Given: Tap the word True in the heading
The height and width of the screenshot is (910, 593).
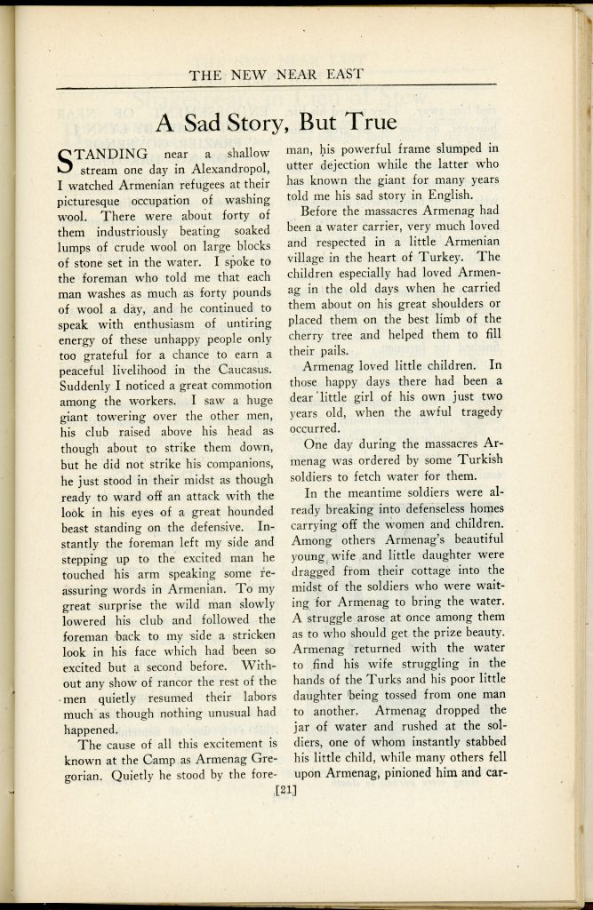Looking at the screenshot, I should point(367,123).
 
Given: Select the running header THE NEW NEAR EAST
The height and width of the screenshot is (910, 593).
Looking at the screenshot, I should point(276,75).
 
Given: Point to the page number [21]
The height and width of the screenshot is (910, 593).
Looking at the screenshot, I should point(285,786).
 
